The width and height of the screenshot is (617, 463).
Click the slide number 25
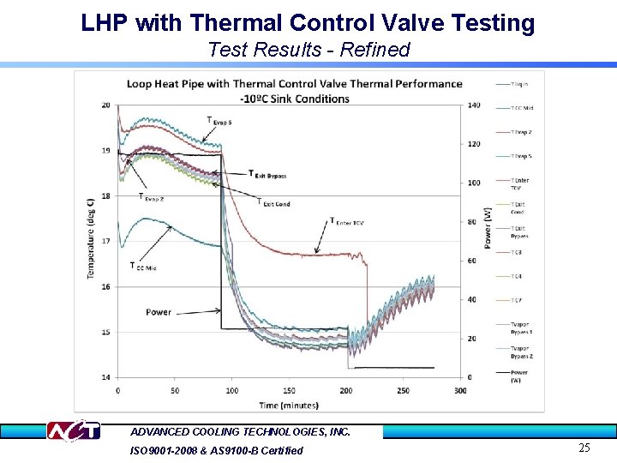584,448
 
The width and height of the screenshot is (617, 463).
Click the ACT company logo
73,431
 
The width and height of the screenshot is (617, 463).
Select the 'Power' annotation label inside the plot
159,312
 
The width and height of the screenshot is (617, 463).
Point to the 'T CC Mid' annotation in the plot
143,268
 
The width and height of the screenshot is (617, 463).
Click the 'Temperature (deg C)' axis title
91,238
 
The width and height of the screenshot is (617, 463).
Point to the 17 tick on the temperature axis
105,241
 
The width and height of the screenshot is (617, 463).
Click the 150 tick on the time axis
289,390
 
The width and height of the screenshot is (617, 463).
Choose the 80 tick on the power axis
473,221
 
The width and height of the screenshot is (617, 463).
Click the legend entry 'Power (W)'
520,376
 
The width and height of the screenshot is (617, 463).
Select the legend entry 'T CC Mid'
522,108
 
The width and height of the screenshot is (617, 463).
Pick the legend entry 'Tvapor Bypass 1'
522,328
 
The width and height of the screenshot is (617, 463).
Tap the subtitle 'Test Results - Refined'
308,50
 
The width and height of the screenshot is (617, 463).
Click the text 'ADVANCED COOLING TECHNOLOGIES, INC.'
240,432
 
